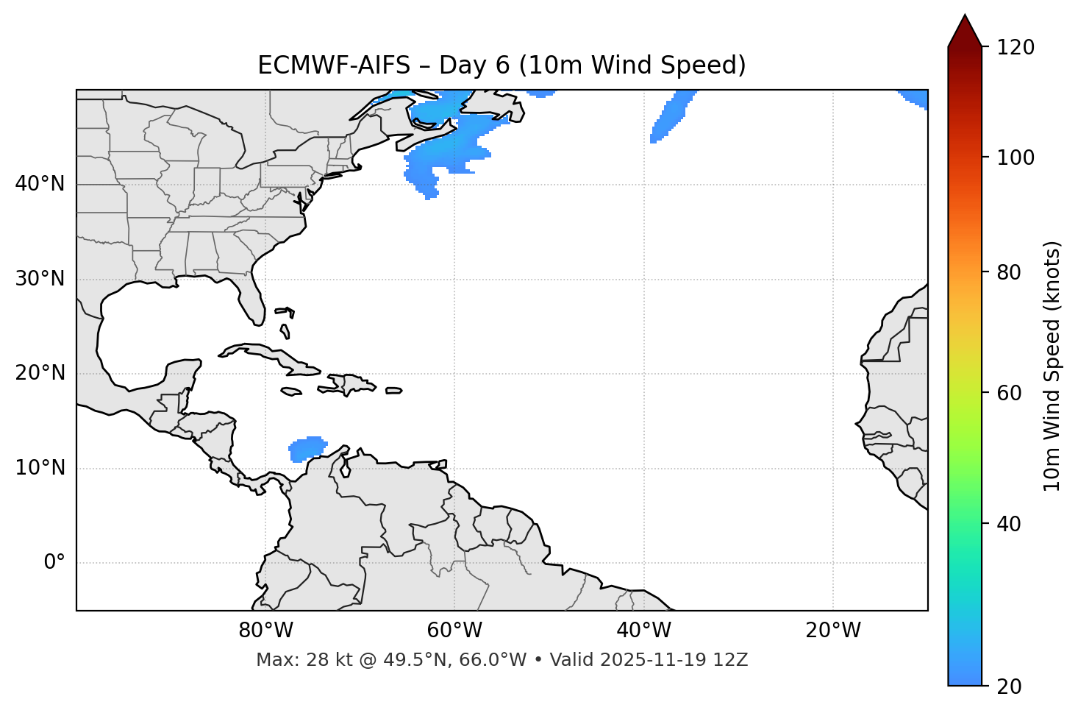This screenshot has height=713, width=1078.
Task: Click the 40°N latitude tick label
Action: tap(40, 184)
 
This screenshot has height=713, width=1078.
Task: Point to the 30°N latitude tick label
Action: tap(40, 279)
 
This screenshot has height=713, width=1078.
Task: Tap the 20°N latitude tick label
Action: tap(40, 373)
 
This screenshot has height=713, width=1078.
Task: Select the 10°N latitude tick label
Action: tap(40, 468)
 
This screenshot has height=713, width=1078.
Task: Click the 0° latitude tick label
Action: tap(54, 563)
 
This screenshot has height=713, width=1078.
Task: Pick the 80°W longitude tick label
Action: tap(265, 631)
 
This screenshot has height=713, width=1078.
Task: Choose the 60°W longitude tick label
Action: tap(454, 631)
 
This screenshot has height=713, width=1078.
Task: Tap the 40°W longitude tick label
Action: tap(643, 631)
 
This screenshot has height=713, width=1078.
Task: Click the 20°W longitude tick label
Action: tap(833, 631)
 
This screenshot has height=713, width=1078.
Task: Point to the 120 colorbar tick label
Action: tap(1017, 48)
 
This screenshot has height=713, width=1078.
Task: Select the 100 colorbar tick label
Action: tap(1017, 157)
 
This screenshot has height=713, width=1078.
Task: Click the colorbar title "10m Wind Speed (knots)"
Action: tap(1052, 366)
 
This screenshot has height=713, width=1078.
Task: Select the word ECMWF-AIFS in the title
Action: tap(334, 65)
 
